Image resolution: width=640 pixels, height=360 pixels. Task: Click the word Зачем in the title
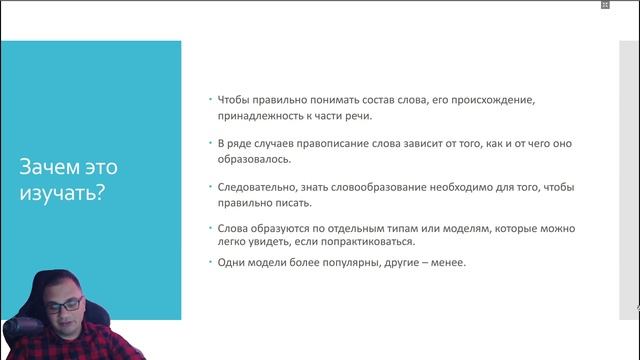click(45, 166)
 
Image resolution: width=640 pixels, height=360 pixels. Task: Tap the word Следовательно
click(259, 187)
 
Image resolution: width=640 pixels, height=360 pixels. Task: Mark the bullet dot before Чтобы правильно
click(210, 101)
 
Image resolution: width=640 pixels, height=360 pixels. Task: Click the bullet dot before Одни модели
click(210, 263)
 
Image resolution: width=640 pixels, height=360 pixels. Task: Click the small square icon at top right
click(605, 5)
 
